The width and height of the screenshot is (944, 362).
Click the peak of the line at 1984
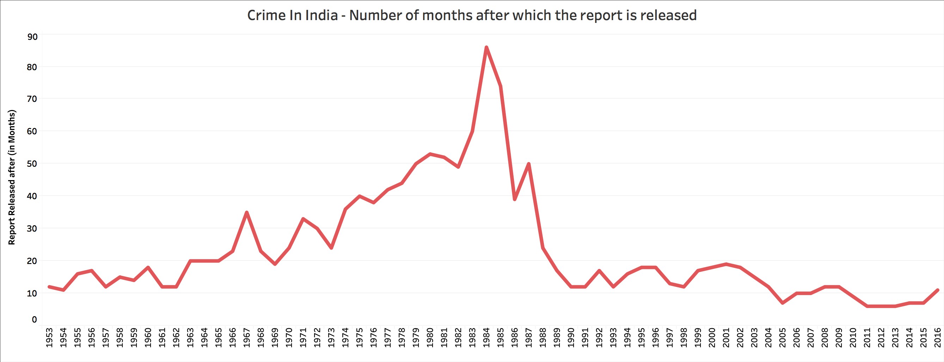pos(486,47)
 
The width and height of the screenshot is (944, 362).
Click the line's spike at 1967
pos(247,213)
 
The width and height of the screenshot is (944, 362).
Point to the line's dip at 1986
pos(515,199)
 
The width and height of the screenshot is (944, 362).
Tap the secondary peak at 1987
pos(528,164)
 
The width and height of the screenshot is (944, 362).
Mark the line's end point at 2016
pos(937,290)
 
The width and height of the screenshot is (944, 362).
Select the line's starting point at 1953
pos(49,287)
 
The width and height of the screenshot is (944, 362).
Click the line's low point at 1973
pos(331,248)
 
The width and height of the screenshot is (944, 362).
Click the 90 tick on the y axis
pos(32,37)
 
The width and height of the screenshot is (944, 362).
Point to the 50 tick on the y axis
pos(32,164)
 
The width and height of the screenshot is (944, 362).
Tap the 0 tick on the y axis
pos(35,319)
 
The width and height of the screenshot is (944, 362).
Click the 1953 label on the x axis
pos(49,337)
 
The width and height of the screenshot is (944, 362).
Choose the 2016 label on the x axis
pos(937,337)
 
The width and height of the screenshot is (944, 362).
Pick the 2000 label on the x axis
pos(712,337)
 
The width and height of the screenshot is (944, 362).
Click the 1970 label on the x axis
pos(289,337)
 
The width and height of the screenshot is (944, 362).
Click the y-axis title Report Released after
pos(12,177)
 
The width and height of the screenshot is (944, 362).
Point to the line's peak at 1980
pos(430,154)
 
